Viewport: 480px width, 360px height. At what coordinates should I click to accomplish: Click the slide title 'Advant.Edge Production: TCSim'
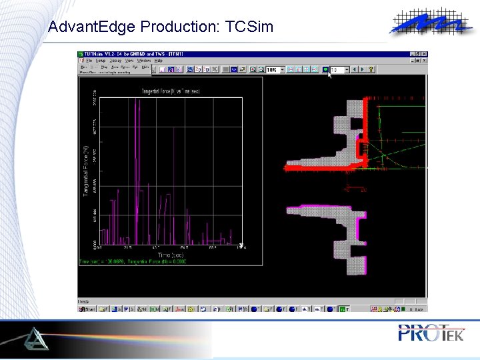pyautogui.click(x=161, y=27)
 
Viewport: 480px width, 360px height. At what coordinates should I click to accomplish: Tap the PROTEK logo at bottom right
pyautogui.click(x=431, y=333)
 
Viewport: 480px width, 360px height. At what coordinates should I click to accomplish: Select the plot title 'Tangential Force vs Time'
pyautogui.click(x=171, y=90)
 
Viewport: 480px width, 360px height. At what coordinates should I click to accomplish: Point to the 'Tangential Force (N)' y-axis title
pyautogui.click(x=86, y=169)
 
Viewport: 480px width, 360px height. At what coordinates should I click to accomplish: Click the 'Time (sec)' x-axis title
pyautogui.click(x=171, y=254)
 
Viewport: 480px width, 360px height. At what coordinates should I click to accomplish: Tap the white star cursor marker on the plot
pyautogui.click(x=241, y=245)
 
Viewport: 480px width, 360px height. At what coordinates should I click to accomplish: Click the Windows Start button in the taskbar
pyautogui.click(x=87, y=309)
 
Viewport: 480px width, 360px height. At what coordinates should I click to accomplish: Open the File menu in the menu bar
pyautogui.click(x=89, y=60)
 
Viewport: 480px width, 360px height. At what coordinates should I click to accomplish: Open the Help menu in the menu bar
pyautogui.click(x=158, y=60)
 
